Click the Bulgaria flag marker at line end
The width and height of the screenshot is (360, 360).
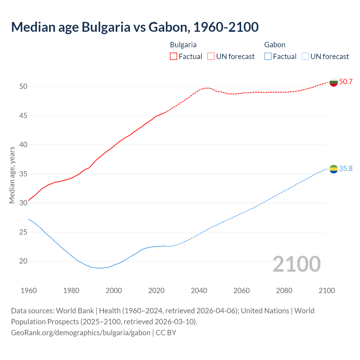pos(334,82)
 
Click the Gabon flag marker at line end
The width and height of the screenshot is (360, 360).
pos(334,169)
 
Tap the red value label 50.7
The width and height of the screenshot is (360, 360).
pos(346,82)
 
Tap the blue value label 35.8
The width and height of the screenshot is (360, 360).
pos(346,169)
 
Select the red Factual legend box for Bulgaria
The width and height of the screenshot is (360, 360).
pos(174,57)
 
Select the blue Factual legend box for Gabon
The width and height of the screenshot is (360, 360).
pos(268,57)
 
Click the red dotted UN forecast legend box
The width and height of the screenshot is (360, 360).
pos(211,57)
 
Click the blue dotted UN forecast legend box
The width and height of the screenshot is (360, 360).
pos(305,57)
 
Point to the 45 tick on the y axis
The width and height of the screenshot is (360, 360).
pos(23,116)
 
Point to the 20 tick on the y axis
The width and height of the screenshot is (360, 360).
pos(23,261)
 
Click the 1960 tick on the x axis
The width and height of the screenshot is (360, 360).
pos(29,291)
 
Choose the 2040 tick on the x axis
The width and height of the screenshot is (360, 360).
pos(199,291)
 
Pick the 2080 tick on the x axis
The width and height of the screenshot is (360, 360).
pos(284,291)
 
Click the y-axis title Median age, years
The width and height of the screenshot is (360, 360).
pos(12,175)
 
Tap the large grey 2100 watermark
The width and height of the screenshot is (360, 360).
pos(296,264)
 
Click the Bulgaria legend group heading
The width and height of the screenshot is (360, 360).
pos(183,45)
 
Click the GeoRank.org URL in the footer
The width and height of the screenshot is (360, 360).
pos(81,333)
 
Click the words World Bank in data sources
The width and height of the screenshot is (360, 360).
pos(75,311)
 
